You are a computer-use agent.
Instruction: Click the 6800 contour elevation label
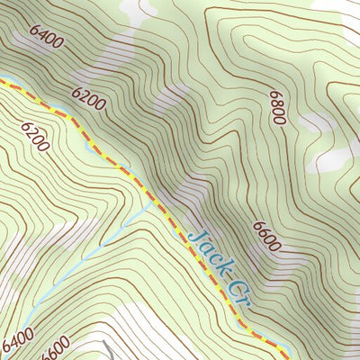point(275,107)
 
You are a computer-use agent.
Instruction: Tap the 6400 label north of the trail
point(46,37)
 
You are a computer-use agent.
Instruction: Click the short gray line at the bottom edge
point(107,350)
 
